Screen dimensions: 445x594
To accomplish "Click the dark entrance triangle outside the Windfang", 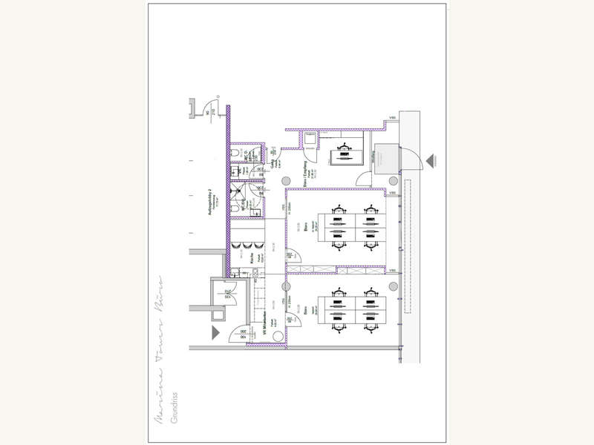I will [432, 161].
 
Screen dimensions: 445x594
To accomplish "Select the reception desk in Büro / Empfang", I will [343, 156].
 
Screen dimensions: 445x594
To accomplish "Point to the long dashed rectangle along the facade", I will [407, 245].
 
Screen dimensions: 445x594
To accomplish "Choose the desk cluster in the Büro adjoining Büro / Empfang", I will [347, 228].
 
